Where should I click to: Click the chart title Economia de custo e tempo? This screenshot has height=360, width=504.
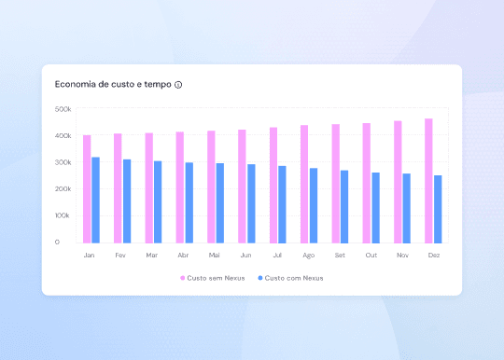(x=113, y=84)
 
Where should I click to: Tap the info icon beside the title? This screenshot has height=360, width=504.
(x=178, y=85)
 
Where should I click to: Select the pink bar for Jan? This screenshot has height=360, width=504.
(x=87, y=188)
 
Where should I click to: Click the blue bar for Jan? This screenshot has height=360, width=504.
(x=95, y=200)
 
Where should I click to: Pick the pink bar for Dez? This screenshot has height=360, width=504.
(x=428, y=180)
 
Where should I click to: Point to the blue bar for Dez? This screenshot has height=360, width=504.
(x=438, y=209)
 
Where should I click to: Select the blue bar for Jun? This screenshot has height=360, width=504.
(x=251, y=203)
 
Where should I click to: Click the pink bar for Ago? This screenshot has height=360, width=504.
(x=304, y=184)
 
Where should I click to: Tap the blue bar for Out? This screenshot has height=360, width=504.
(x=375, y=207)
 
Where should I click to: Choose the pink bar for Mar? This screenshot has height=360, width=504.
(x=148, y=187)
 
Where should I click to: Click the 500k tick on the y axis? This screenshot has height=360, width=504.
(x=63, y=109)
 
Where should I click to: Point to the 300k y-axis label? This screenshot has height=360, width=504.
(x=63, y=162)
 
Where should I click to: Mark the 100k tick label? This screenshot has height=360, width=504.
(x=63, y=215)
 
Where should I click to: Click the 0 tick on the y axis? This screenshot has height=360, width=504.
(x=57, y=242)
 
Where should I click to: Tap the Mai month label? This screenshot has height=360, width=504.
(x=215, y=255)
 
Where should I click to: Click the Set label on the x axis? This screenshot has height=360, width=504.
(x=340, y=255)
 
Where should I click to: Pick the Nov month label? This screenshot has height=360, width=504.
(x=402, y=255)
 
